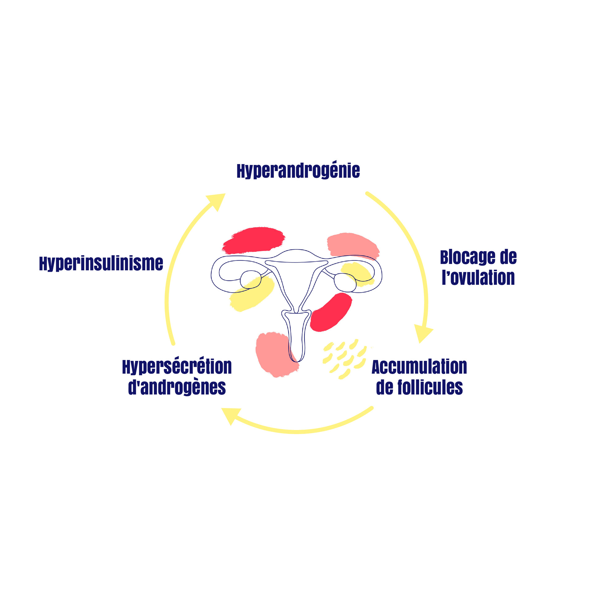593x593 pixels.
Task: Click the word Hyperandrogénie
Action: point(298,171)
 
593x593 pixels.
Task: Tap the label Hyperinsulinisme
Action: point(101,263)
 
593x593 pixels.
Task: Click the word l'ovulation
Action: point(478,278)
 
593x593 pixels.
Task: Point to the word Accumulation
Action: point(419,367)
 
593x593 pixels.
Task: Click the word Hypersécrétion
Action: point(177,367)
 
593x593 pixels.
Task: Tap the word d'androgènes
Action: point(177,387)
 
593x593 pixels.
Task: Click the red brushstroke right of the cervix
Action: point(331,312)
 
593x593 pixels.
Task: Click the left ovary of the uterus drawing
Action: point(250,279)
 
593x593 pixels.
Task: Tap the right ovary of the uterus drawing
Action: point(344,282)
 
